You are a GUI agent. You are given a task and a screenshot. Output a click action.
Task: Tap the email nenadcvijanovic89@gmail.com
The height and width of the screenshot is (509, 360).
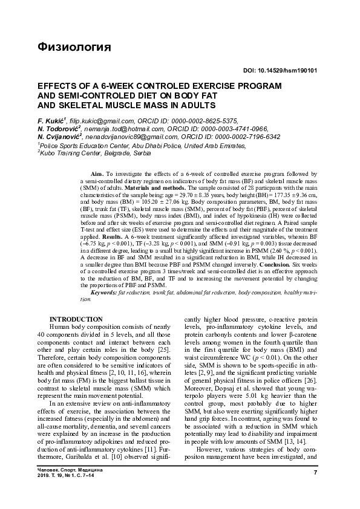[125, 137]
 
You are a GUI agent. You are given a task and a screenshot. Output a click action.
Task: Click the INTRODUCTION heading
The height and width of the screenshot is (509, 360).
[76, 319]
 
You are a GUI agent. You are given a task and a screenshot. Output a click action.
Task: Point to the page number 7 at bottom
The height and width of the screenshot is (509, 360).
[316, 472]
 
